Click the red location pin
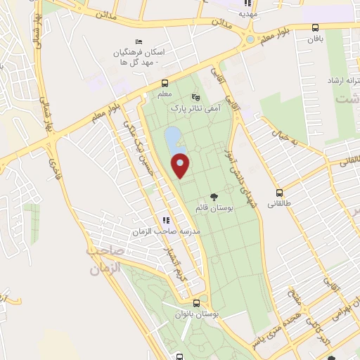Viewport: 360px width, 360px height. tap(181, 165)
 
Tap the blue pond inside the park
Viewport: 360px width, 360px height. tap(172, 141)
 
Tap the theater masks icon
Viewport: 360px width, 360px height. tap(195, 98)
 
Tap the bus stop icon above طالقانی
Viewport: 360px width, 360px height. tap(279, 193)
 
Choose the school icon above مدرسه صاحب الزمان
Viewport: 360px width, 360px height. tap(166, 219)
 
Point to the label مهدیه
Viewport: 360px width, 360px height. tap(248, 13)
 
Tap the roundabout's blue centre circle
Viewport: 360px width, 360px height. tap(250, 38)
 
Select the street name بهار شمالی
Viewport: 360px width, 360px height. tap(47, 110)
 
